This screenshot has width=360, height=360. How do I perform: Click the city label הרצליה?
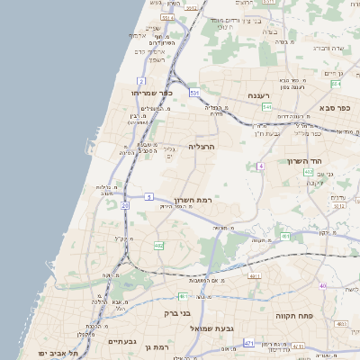point(202,145)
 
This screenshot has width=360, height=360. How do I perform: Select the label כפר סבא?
point(334,108)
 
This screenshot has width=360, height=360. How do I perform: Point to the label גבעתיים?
point(121,341)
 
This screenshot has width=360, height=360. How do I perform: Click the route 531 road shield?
point(194,92)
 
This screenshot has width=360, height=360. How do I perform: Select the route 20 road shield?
point(125,206)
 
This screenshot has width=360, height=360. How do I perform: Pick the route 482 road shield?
point(158,244)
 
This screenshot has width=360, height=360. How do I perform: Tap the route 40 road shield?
point(322,286)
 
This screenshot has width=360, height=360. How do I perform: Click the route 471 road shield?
point(248,343)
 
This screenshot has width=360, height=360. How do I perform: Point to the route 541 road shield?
point(267,106)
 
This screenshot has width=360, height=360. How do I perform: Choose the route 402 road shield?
point(308,172)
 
